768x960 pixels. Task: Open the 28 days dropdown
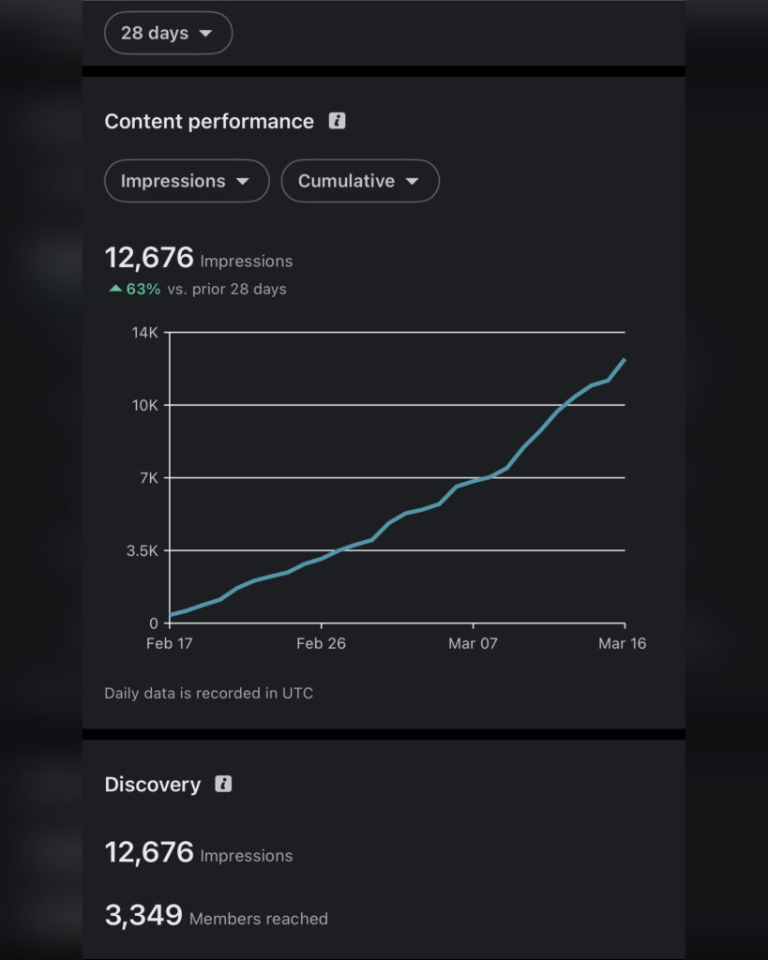tap(168, 34)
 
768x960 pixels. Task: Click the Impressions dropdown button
tap(187, 181)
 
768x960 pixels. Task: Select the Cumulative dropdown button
tap(359, 181)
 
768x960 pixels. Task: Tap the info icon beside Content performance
tap(337, 121)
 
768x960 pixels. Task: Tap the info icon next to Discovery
tap(223, 784)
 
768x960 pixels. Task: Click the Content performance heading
tap(209, 122)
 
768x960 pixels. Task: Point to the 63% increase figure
tap(143, 289)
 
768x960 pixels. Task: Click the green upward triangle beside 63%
tap(115, 289)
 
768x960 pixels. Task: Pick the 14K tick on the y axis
tap(145, 333)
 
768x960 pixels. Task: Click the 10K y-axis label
tap(145, 405)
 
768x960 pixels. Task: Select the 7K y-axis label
tap(148, 478)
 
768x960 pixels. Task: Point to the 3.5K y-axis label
tap(142, 550)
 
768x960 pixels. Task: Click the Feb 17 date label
tap(170, 643)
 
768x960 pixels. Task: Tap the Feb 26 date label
tap(322, 643)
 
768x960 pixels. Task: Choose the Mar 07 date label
tap(473, 643)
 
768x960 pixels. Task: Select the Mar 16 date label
tap(623, 643)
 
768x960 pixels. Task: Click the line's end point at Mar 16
tap(625, 359)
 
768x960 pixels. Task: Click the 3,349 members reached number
tap(143, 916)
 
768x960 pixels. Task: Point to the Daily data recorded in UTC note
tap(208, 694)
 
